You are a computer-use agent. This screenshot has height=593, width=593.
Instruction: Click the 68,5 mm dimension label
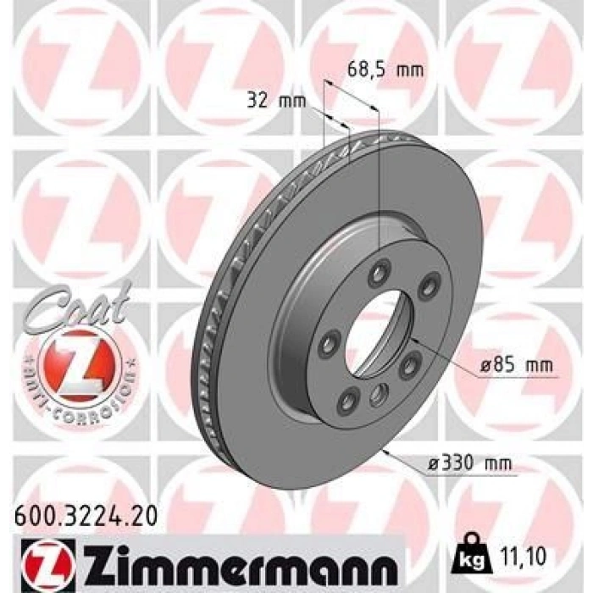[385, 69]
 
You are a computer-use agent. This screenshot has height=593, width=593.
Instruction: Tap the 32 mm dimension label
[276, 101]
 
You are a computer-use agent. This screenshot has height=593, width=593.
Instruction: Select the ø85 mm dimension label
[516, 365]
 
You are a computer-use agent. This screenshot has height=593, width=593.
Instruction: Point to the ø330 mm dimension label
[469, 463]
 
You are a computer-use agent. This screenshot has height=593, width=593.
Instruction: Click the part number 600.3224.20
[86, 516]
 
